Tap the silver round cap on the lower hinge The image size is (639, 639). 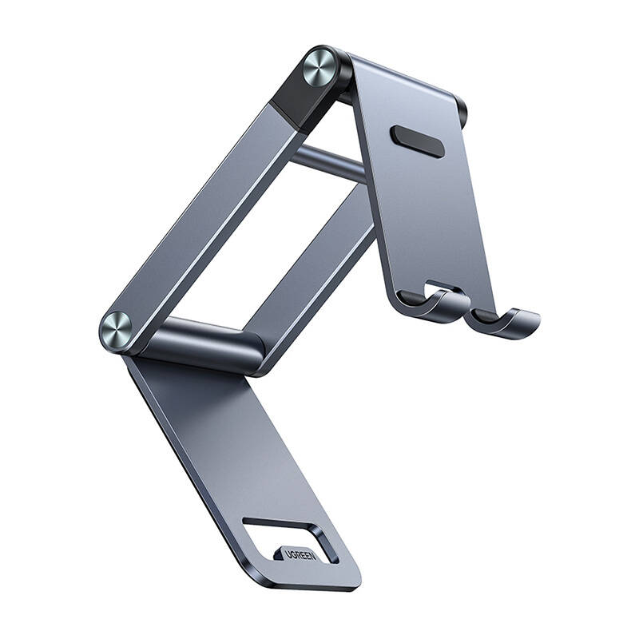pos(117,331)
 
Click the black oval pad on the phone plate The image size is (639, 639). pos(417,141)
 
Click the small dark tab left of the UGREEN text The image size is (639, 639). pos(279,554)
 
